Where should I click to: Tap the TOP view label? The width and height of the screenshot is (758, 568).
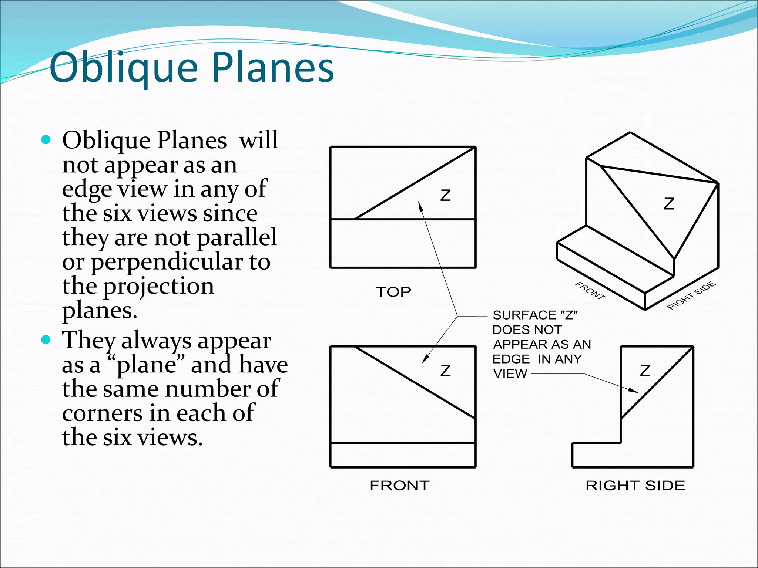pyautogui.click(x=393, y=292)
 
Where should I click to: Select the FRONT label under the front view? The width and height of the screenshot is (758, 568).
pyautogui.click(x=400, y=486)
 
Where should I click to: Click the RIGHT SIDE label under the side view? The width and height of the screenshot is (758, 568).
pyautogui.click(x=635, y=486)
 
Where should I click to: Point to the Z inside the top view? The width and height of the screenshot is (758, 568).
pyautogui.click(x=446, y=195)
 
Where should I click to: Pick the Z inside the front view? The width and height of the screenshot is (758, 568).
pyautogui.click(x=446, y=371)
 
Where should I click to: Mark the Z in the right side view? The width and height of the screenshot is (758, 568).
pyautogui.click(x=645, y=371)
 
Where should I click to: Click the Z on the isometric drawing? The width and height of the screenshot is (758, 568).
pyautogui.click(x=669, y=204)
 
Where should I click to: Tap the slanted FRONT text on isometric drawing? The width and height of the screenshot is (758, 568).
pyautogui.click(x=590, y=291)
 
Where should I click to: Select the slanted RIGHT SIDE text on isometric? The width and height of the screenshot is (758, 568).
pyautogui.click(x=691, y=295)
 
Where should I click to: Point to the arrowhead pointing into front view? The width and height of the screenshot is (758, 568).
pyautogui.click(x=425, y=359)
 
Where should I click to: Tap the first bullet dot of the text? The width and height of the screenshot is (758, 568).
pyautogui.click(x=46, y=140)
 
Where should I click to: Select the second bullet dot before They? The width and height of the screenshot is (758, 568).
pyautogui.click(x=46, y=340)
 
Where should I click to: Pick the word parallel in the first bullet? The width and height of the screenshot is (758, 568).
pyautogui.click(x=237, y=237)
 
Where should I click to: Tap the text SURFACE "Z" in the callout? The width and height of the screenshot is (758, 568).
pyautogui.click(x=535, y=315)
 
